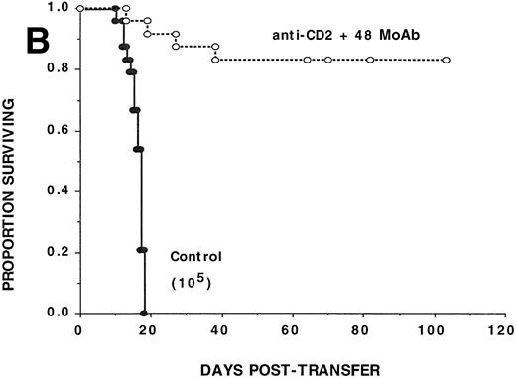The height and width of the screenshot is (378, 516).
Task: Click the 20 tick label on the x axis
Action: pyautogui.click(x=149, y=329)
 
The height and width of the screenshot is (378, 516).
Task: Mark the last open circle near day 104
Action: pyautogui.click(x=447, y=60)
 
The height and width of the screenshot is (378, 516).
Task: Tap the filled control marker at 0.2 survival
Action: pyautogui.click(x=142, y=250)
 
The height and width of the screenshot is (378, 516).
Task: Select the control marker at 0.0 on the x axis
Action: pyautogui.click(x=145, y=313)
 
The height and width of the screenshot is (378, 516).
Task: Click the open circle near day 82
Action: pyautogui.click(x=370, y=60)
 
